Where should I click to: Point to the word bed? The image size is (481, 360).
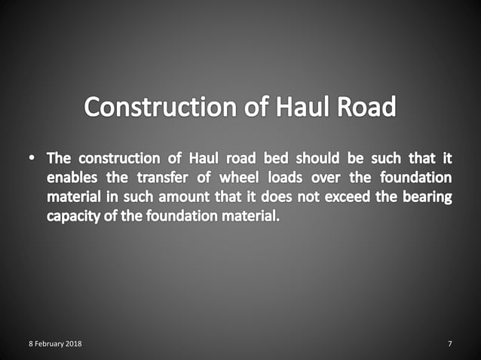273,159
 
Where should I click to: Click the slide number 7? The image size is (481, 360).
450,344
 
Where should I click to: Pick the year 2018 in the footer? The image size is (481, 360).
74,344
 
